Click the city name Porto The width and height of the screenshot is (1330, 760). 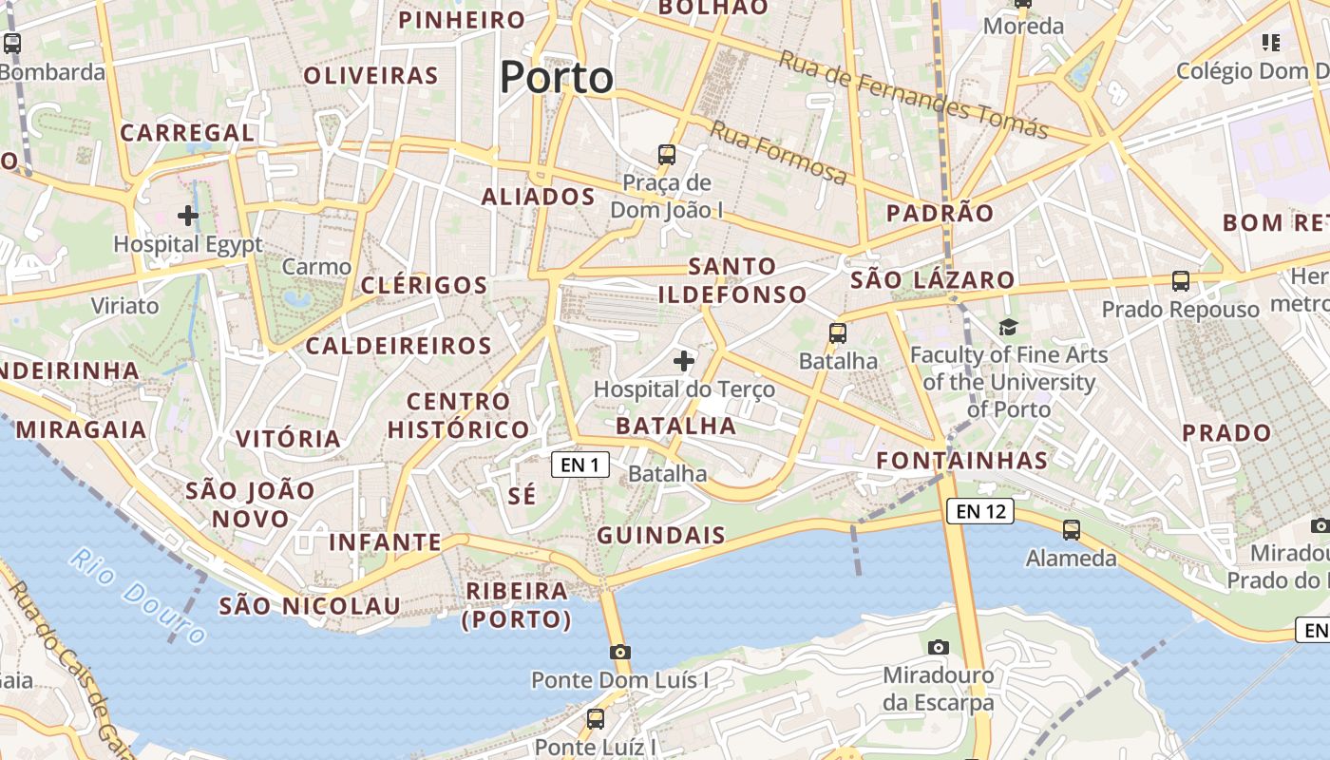pyautogui.click(x=557, y=77)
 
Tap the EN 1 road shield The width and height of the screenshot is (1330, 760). pyautogui.click(x=579, y=465)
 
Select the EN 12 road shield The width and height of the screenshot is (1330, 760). pyautogui.click(x=980, y=512)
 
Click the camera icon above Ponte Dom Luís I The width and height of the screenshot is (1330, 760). pyautogui.click(x=620, y=652)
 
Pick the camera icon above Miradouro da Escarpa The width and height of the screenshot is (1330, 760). pyautogui.click(x=939, y=647)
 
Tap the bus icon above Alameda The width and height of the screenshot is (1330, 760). pyautogui.click(x=1072, y=530)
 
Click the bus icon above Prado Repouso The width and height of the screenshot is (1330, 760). pyautogui.click(x=1181, y=281)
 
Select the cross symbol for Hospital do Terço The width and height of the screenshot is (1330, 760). pyautogui.click(x=683, y=361)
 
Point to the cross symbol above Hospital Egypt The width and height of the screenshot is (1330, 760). pyautogui.click(x=188, y=216)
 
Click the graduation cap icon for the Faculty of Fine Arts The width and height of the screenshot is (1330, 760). pyautogui.click(x=1008, y=327)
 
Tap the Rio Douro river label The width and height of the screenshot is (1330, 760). pyautogui.click(x=137, y=596)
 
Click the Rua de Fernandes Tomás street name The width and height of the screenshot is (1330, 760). pyautogui.click(x=913, y=93)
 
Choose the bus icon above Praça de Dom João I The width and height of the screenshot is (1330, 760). pyautogui.click(x=667, y=154)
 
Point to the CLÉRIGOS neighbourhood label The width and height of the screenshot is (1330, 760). pyautogui.click(x=424, y=285)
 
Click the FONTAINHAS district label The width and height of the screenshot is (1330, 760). pyautogui.click(x=961, y=461)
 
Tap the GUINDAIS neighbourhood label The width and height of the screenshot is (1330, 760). pyautogui.click(x=661, y=535)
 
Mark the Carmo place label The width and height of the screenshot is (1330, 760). pyautogui.click(x=316, y=267)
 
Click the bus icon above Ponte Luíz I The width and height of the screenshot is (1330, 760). pyautogui.click(x=596, y=719)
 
